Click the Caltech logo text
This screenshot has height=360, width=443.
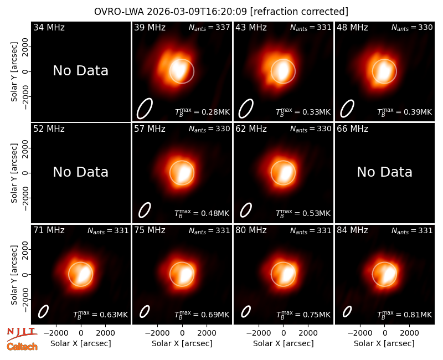(x=22, y=347)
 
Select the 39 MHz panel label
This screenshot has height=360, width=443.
(x=150, y=27)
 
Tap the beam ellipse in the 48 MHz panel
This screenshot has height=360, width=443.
(x=347, y=109)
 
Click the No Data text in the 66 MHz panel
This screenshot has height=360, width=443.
(x=384, y=172)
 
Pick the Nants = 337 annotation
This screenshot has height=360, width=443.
(x=209, y=27)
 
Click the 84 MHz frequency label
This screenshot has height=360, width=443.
(x=352, y=230)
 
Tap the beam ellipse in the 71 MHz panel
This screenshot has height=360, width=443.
(x=44, y=311)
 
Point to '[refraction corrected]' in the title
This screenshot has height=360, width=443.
(x=299, y=12)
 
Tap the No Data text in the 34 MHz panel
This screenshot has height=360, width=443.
(x=80, y=71)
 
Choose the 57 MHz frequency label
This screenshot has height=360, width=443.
(x=150, y=129)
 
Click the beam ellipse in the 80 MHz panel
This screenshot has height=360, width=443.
(x=246, y=311)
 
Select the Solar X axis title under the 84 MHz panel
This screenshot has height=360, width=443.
(x=384, y=343)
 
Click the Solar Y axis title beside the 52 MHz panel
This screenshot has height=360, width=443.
(x=14, y=173)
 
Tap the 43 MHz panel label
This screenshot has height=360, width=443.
(x=251, y=27)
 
